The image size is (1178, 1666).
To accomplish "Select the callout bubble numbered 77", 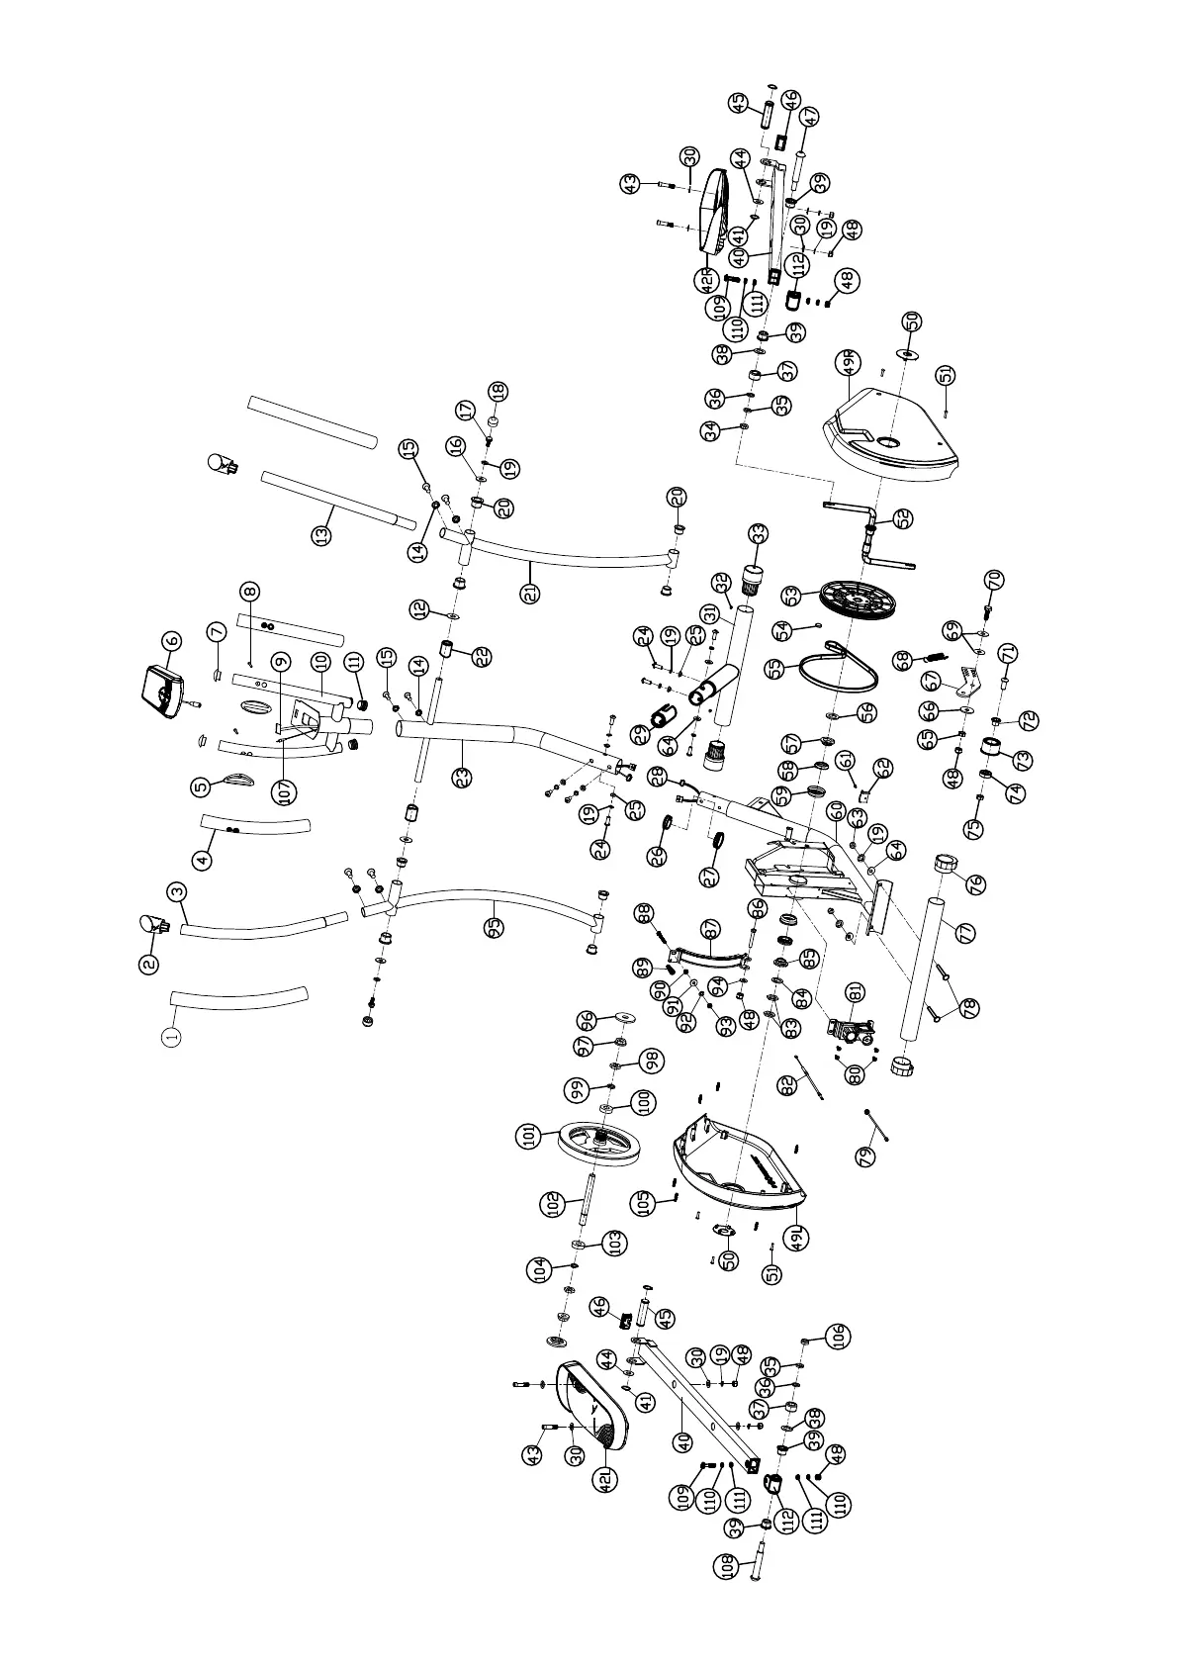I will pyautogui.click(x=967, y=931).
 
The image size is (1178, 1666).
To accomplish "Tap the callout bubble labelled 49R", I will pyautogui.click(x=848, y=364).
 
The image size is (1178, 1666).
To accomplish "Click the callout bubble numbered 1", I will pyautogui.click(x=172, y=1036).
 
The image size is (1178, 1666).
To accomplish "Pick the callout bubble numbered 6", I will pyautogui.click(x=172, y=641).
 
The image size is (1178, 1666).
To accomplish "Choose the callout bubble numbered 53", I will pyautogui.click(x=790, y=596).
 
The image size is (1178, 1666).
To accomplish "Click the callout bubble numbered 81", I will pyautogui.click(x=855, y=992).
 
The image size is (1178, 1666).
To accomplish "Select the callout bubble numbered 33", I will pyautogui.click(x=757, y=534).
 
